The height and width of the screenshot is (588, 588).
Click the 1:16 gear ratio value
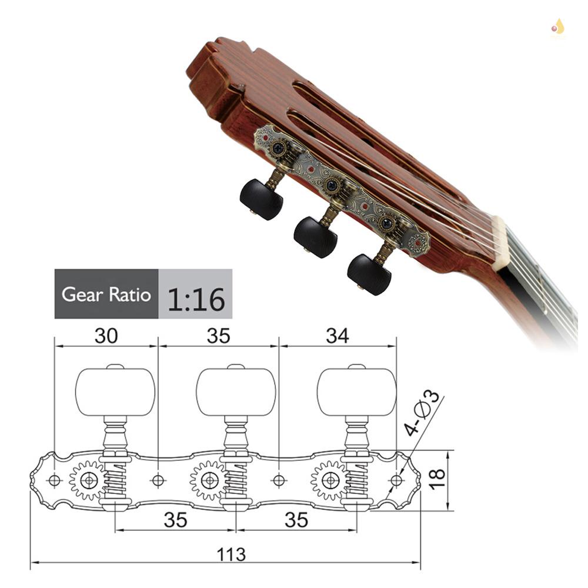tap(196, 299)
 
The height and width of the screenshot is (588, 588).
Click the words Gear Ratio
tap(106, 294)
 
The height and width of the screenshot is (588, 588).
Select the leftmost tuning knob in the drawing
tap(115, 392)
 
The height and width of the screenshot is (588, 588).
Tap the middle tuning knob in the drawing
tap(236, 392)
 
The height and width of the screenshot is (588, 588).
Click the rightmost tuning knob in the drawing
tap(356, 392)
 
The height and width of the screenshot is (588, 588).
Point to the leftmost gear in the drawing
tap(88, 480)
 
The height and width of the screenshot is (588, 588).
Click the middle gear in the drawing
tap(209, 480)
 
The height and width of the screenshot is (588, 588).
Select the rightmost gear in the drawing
tap(330, 480)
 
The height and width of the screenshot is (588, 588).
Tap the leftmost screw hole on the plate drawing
tap(54, 480)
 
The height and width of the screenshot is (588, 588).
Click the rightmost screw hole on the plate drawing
tap(396, 480)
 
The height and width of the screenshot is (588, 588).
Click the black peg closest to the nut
tap(369, 273)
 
